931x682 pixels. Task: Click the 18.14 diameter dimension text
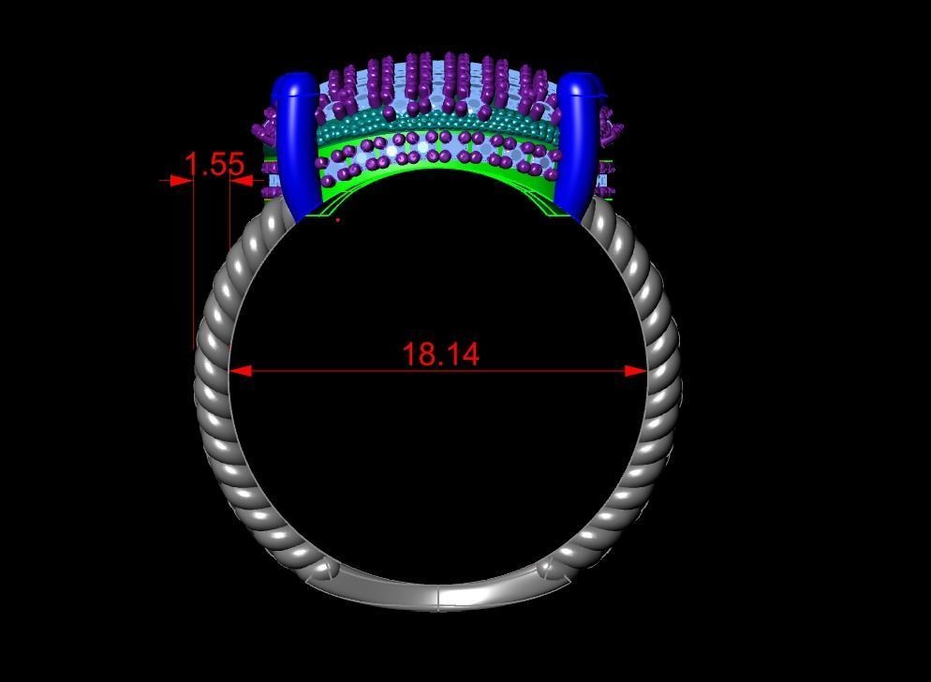[440, 354]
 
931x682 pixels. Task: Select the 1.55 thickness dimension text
[214, 165]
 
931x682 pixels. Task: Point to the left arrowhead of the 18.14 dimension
[240, 371]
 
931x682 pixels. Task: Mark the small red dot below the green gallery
[338, 220]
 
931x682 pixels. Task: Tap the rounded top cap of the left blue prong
[293, 85]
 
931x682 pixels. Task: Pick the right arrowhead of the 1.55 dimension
[241, 181]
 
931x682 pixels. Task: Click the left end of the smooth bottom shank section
[323, 571]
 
